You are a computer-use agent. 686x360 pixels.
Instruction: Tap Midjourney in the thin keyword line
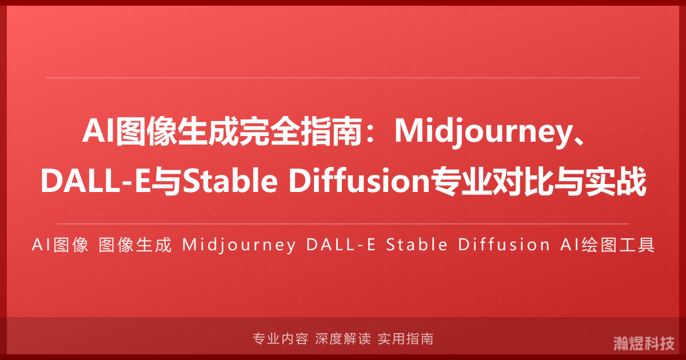click(x=238, y=245)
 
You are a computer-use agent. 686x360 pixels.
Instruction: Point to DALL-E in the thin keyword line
click(x=341, y=245)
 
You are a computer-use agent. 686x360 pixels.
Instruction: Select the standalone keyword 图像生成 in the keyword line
click(x=135, y=245)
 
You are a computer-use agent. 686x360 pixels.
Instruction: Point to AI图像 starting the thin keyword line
click(x=60, y=245)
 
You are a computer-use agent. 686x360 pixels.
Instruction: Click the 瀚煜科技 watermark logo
click(x=644, y=343)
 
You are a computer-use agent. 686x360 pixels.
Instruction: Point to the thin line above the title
click(x=343, y=77)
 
